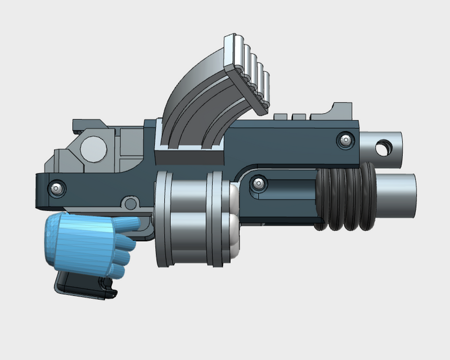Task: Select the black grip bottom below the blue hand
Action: coord(84,285)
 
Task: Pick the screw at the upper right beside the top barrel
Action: coord(345,139)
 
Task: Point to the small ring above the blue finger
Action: coord(130,201)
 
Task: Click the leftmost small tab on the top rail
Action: coord(280,116)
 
